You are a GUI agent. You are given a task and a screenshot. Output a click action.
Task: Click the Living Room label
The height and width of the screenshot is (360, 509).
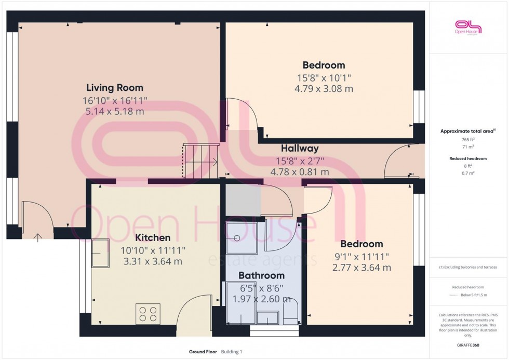point(114,88)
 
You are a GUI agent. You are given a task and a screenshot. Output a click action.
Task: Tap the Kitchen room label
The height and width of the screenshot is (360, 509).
point(153,238)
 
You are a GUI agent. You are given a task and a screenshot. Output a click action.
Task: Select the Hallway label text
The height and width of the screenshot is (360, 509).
point(300,149)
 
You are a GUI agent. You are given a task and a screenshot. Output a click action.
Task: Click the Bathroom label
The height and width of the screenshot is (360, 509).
point(261,275)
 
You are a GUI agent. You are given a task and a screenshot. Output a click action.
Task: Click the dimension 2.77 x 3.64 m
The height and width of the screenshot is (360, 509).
point(361,268)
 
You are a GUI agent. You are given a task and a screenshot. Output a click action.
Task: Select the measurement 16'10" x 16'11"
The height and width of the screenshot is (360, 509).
point(115,100)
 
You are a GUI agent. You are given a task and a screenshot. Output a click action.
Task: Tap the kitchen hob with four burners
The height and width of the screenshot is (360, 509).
point(148,314)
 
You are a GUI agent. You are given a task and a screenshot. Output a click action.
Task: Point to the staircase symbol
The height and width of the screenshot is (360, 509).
point(200,162)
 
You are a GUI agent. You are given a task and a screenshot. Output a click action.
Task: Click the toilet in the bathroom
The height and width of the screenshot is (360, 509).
point(291,310)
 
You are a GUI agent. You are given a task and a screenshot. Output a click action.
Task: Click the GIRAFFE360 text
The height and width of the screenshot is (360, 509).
point(468,344)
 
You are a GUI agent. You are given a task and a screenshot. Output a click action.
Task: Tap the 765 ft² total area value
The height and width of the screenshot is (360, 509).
point(468,140)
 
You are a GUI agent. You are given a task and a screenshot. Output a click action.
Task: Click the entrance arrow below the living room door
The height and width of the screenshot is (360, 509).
point(38,238)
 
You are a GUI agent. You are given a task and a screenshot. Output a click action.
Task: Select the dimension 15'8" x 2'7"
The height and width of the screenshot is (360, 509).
point(300,161)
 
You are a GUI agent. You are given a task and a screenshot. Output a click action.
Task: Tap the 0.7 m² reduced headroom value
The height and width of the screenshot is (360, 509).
point(468,172)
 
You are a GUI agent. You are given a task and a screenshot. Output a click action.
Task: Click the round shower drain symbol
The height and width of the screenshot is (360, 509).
point(237,238)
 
